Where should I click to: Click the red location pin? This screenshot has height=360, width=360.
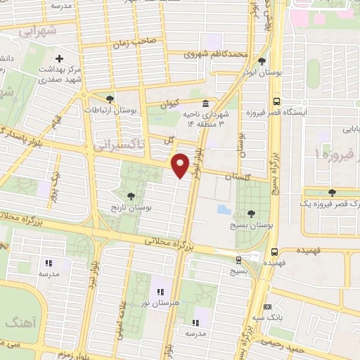pos(181,165)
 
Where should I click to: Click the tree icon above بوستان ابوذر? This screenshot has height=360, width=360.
pos(262,61)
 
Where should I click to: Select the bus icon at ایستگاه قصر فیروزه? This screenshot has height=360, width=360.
pos(276,101)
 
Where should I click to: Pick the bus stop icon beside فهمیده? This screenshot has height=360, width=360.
pos(275,250)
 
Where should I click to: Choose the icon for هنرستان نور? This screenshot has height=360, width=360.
pos(160,291)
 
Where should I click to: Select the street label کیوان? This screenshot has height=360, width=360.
pos(170,103)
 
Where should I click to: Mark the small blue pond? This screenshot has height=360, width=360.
pos(222,209)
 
